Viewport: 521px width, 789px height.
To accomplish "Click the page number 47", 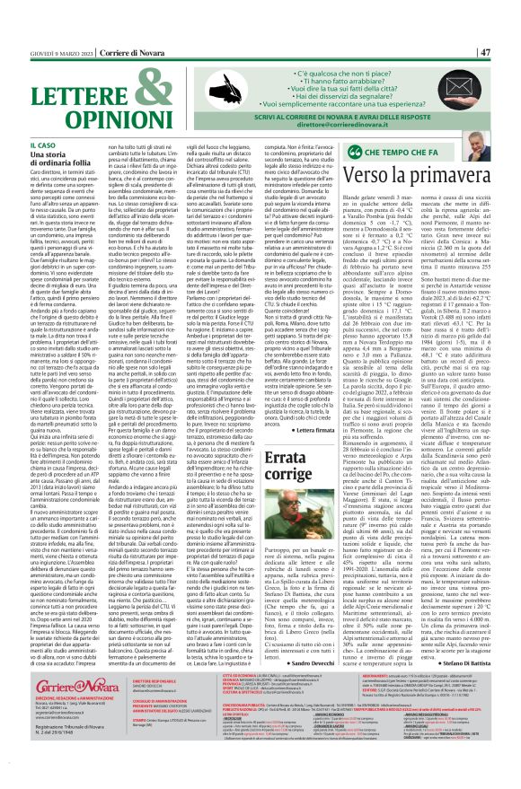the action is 508,7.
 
